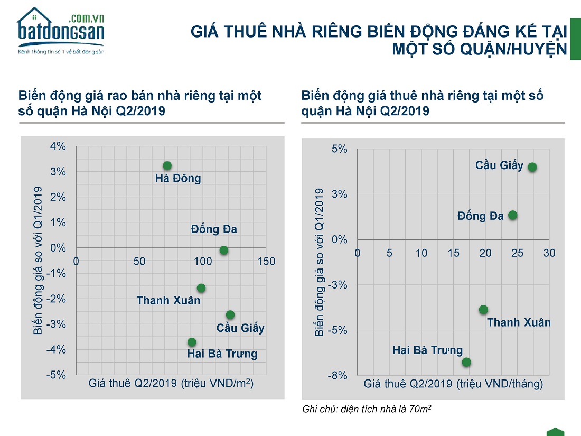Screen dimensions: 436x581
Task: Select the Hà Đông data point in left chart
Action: click(167, 166)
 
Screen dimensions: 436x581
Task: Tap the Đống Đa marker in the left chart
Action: click(224, 250)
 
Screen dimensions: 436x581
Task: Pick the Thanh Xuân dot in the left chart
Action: click(201, 288)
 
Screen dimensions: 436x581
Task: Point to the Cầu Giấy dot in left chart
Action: click(230, 315)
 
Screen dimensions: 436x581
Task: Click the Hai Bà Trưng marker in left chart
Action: click(192, 342)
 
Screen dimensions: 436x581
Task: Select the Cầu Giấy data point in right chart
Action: click(532, 167)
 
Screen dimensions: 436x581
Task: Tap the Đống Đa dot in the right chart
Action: click(512, 215)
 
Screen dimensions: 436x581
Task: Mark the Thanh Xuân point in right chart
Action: click(483, 310)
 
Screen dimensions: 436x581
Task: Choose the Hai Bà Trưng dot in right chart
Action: click(466, 362)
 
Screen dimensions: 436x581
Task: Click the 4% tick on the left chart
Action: click(58, 146)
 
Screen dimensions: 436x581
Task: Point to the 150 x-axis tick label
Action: click(266, 262)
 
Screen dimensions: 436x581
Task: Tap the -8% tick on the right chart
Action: click(338, 376)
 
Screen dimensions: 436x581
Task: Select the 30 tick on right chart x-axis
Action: click(549, 253)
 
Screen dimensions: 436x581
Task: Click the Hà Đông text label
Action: click(178, 179)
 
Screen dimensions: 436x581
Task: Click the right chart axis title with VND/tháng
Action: click(453, 384)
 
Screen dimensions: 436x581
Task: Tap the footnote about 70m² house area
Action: click(368, 409)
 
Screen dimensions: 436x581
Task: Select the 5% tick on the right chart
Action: click(340, 149)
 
